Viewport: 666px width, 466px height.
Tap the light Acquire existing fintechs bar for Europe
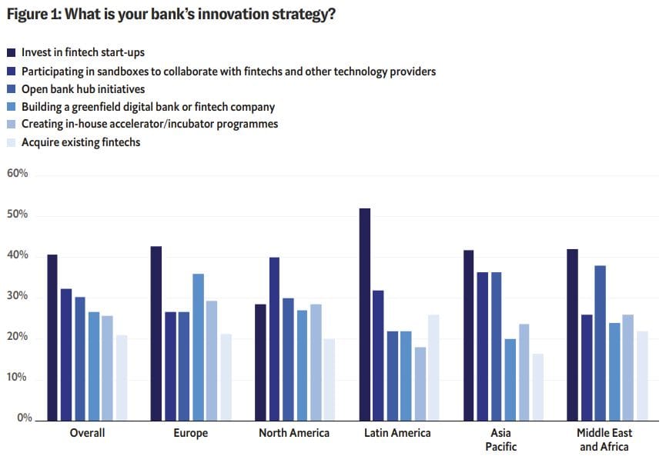click(x=225, y=376)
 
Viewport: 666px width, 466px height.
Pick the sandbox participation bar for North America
click(x=274, y=338)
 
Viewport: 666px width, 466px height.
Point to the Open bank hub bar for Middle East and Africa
click(x=600, y=342)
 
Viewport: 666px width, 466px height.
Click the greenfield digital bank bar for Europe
click(x=198, y=346)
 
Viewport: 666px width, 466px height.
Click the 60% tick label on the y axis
click(x=17, y=174)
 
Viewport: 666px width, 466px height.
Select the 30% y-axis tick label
click(x=17, y=296)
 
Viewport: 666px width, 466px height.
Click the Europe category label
click(x=191, y=434)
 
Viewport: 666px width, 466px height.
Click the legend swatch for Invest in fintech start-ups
click(x=11, y=53)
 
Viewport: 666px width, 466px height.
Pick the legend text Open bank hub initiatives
click(x=83, y=89)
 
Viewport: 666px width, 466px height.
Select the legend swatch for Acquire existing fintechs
click(x=11, y=142)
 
